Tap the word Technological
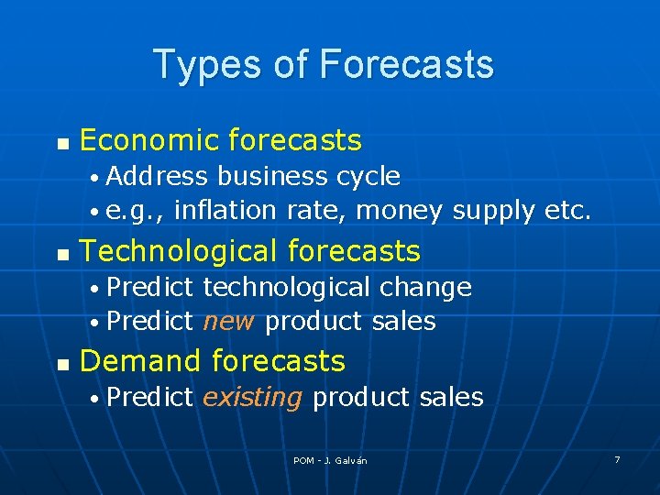click(180, 251)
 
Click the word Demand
click(141, 361)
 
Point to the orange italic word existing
click(252, 397)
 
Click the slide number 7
click(617, 459)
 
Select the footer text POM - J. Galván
click(330, 460)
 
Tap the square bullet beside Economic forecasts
click(61, 144)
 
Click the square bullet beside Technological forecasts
click(61, 254)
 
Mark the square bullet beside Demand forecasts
click(61, 364)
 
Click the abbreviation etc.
click(567, 211)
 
